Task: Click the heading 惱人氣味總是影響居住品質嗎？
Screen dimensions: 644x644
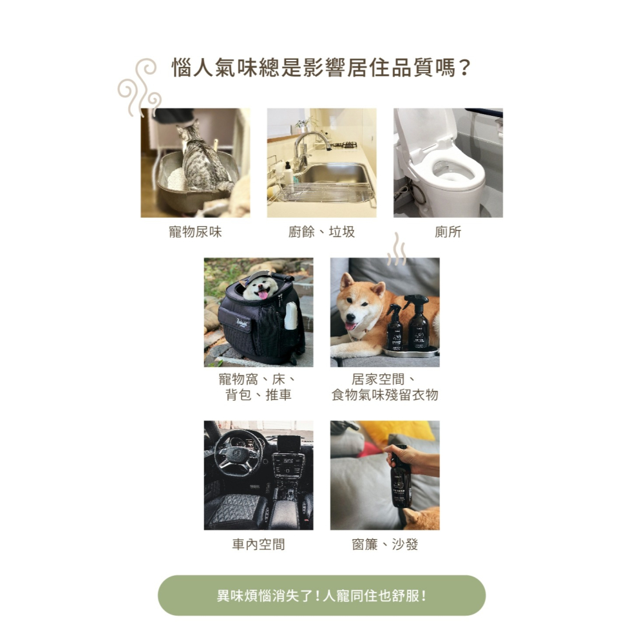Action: [321, 68]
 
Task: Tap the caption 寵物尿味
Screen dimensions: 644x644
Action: [195, 232]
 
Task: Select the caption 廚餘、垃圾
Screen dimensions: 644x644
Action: [321, 232]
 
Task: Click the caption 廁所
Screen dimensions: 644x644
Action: [448, 232]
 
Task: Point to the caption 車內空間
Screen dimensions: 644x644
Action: [258, 545]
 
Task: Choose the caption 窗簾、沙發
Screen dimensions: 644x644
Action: [384, 545]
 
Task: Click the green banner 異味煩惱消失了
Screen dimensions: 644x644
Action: [321, 596]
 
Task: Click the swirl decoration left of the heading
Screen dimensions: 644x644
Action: [139, 88]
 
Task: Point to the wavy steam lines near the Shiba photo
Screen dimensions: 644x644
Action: [397, 249]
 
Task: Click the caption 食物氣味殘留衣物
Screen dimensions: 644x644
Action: [384, 395]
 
